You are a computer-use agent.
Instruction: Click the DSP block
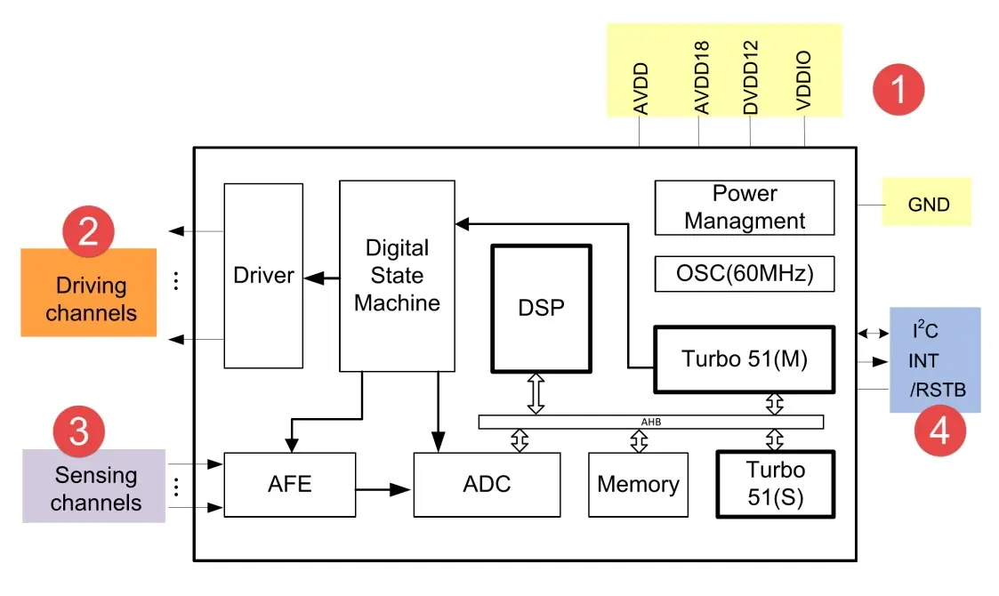541,308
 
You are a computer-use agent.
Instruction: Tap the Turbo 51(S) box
775,484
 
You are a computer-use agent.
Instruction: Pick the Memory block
638,485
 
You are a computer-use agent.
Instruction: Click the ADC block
487,485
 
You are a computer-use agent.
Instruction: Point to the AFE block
289,485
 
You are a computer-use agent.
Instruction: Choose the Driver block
263,276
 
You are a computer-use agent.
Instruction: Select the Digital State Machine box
397,276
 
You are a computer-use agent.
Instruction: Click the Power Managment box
744,207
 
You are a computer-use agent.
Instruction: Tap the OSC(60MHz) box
744,274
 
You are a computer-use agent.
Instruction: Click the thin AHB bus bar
650,422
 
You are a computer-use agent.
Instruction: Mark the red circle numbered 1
898,90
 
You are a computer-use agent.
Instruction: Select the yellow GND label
928,205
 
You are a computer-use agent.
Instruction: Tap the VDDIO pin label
804,81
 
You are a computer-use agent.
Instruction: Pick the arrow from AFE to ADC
383,487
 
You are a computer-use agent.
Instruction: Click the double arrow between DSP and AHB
536,394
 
